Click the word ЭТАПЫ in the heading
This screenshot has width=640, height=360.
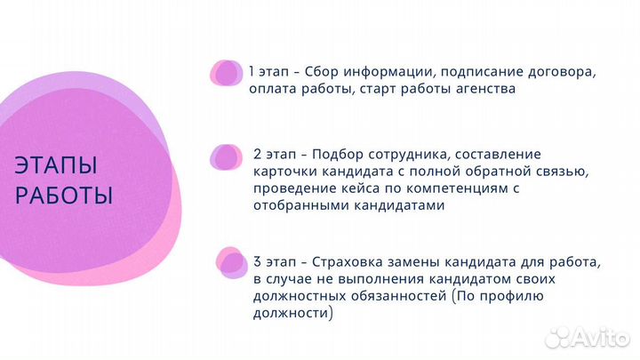(x=56, y=165)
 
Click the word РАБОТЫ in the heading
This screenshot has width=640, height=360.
(x=64, y=195)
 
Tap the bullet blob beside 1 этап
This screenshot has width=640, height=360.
(x=226, y=72)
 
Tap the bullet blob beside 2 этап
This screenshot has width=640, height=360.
(x=226, y=157)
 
